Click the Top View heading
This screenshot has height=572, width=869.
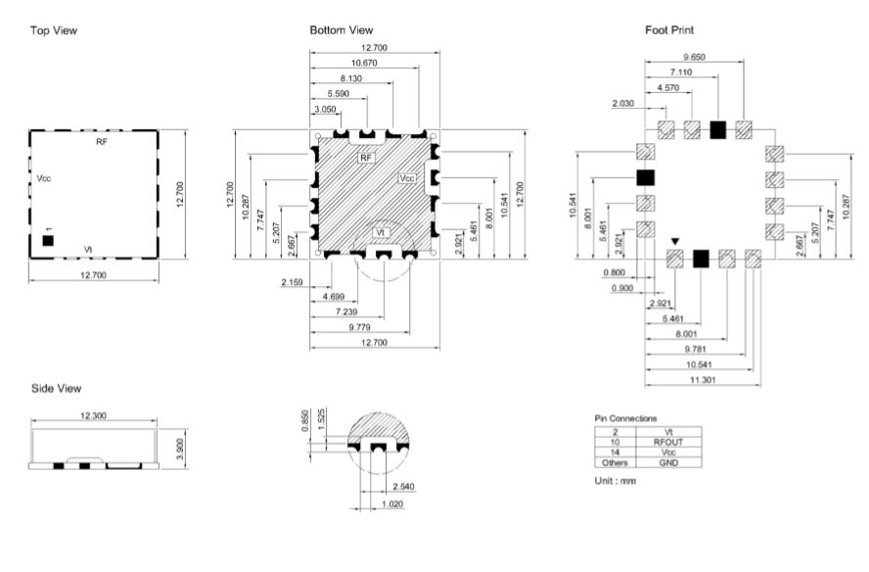coord(53,30)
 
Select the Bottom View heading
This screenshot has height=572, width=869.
coord(342,30)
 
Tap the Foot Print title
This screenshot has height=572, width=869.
coord(669,30)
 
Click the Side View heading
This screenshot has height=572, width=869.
coord(56,389)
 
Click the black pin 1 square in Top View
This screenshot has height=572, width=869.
coord(48,241)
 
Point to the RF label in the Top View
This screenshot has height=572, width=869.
coord(102,142)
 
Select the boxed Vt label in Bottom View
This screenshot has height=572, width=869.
coord(380,232)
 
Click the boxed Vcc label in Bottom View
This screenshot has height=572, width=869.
coord(407,178)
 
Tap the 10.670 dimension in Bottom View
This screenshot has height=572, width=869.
coord(364,64)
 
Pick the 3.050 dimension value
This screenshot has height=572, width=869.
coord(325,110)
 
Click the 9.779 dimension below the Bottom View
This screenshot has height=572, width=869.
coord(360,327)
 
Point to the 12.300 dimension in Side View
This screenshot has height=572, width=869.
coord(93,415)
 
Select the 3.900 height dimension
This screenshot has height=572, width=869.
coord(179,449)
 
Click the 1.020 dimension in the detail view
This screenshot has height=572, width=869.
coord(392,504)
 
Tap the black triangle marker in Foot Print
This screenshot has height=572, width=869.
coord(674,241)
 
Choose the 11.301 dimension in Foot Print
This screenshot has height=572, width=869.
coord(703,380)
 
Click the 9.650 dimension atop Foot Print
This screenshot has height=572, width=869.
coord(694,57)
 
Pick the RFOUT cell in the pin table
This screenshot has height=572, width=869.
coord(667,442)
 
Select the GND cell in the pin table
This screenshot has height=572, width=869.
coord(668,462)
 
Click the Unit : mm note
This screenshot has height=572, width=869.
coord(616,481)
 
